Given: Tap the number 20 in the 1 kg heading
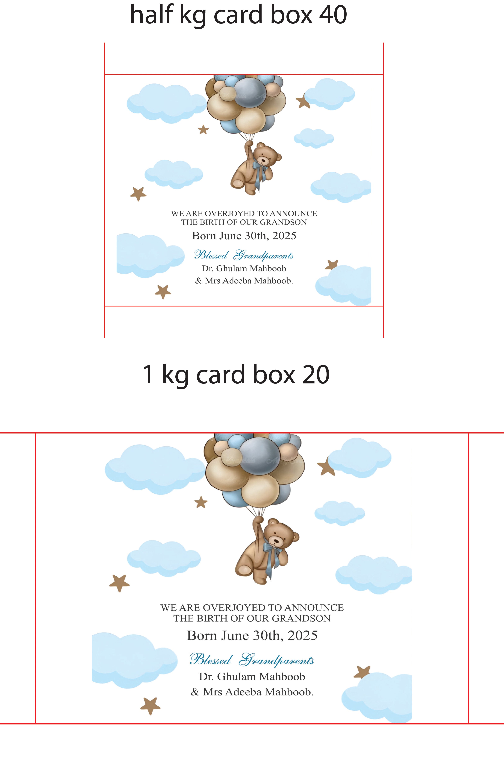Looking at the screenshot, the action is pos(316,375).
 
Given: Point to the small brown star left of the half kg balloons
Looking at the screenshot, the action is pos(203,129).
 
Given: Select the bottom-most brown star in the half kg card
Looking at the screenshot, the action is pos(163,292).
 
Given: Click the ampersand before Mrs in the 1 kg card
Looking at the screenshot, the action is pos(195,692).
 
